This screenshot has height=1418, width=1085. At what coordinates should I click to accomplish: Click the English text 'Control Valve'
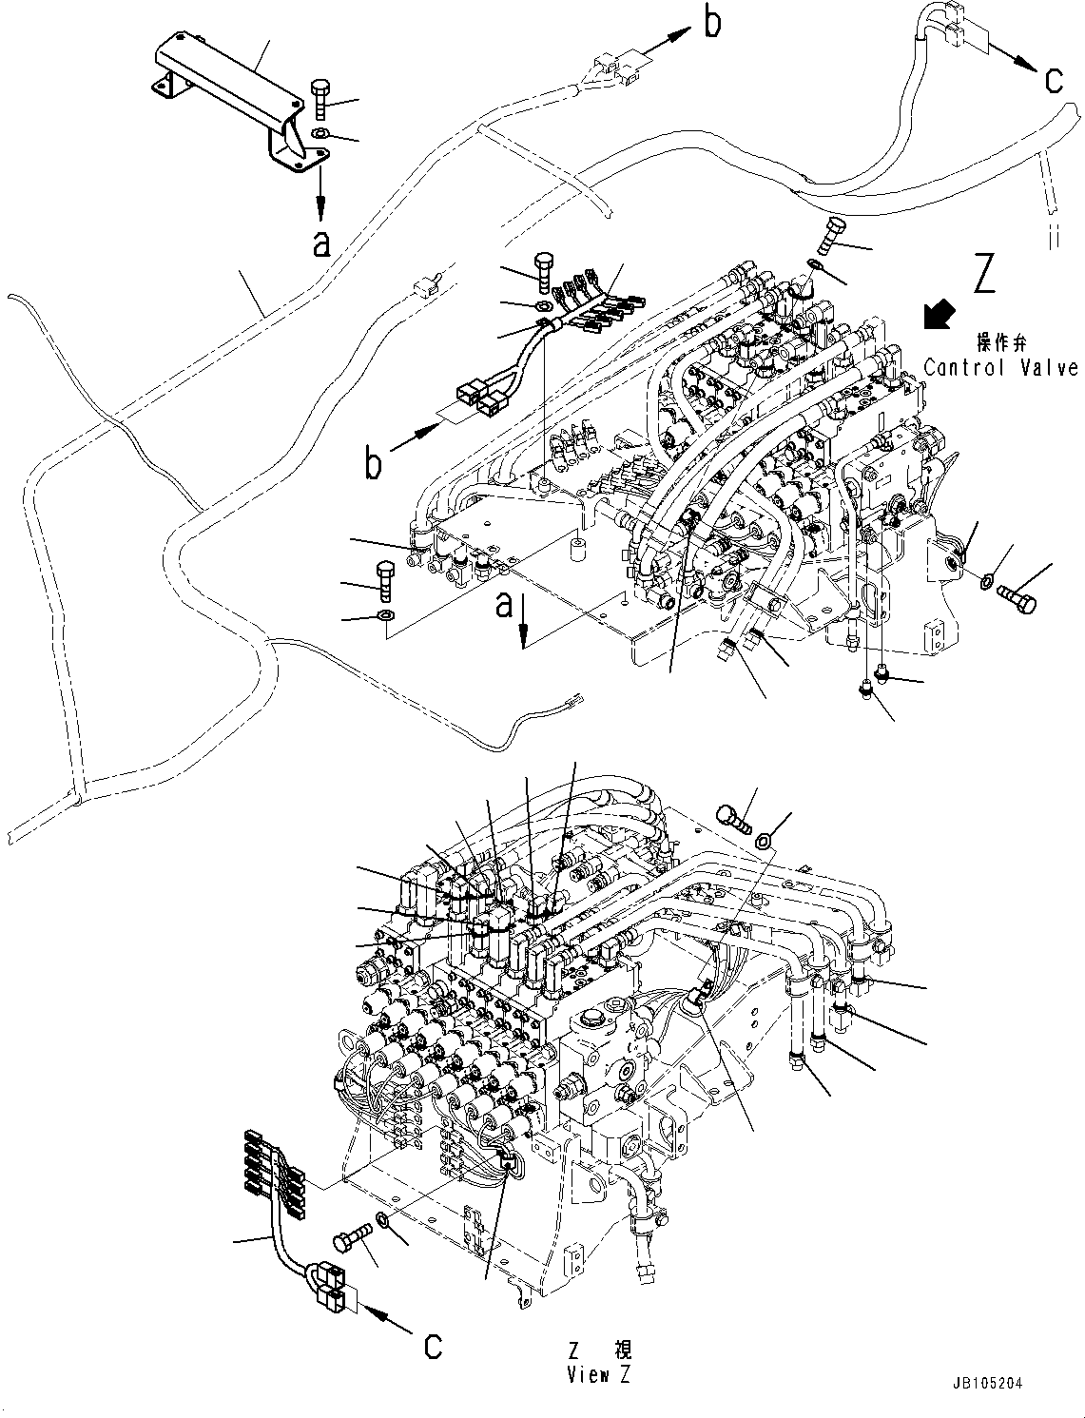tap(999, 367)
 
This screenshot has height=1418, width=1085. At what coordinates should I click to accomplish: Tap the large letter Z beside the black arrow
tap(983, 272)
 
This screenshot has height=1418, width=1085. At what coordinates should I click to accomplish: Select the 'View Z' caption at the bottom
tap(599, 1374)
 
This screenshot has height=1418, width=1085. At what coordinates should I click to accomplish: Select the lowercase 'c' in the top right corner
tap(1054, 81)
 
